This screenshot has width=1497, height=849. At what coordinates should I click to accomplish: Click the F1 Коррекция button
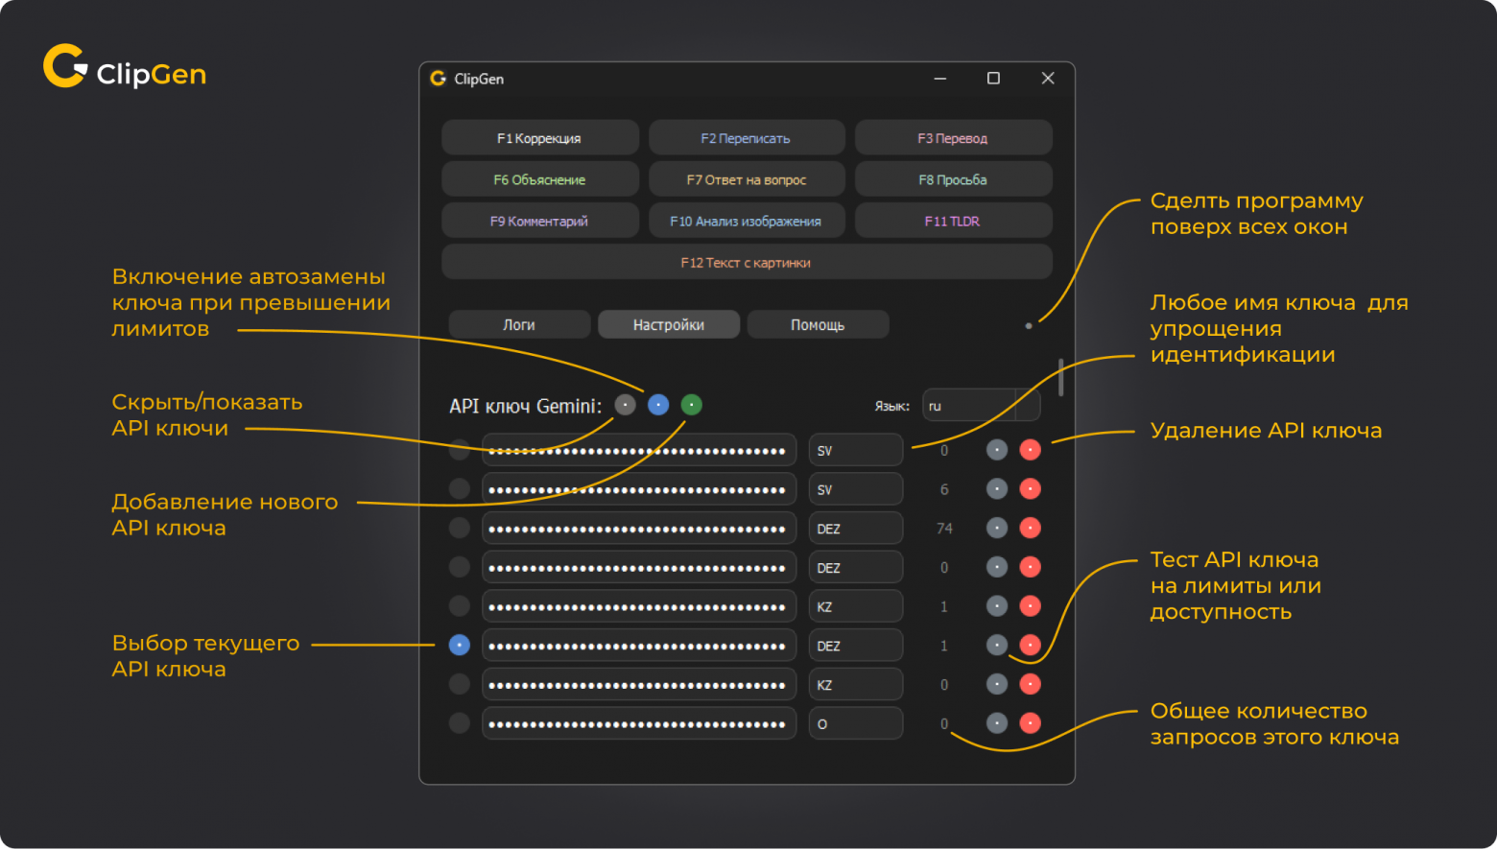coord(540,138)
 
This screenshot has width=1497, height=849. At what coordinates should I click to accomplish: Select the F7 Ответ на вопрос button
coord(747,179)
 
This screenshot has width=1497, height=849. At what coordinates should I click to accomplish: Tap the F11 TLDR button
coord(953,221)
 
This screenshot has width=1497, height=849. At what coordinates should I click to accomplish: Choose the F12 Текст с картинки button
coord(747,263)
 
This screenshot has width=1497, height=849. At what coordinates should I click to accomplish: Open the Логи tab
coord(519,324)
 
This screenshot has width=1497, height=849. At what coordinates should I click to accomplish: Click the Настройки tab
coord(668,324)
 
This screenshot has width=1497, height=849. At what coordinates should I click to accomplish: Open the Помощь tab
coord(818,324)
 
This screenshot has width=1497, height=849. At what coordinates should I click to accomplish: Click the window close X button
coord(1048,78)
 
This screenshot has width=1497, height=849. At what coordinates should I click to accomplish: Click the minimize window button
coord(940,78)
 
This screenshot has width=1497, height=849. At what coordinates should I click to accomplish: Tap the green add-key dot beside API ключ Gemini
coord(692,405)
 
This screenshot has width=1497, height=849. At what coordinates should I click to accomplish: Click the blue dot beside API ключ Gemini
coord(658,405)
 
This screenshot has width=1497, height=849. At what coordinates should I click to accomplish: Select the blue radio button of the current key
coord(459,646)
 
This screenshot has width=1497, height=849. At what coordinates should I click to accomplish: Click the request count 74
coord(944,529)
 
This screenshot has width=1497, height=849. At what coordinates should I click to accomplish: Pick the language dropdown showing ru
coord(981,406)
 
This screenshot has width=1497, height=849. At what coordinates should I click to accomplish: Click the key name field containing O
coord(856,724)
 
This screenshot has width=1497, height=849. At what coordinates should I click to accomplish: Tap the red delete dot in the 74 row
coord(1030,529)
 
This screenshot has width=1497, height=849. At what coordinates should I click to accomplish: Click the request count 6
coord(944,489)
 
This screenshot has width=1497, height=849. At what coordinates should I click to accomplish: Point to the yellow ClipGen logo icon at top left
coord(65,66)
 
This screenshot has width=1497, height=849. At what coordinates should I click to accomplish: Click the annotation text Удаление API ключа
coord(1266,431)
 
